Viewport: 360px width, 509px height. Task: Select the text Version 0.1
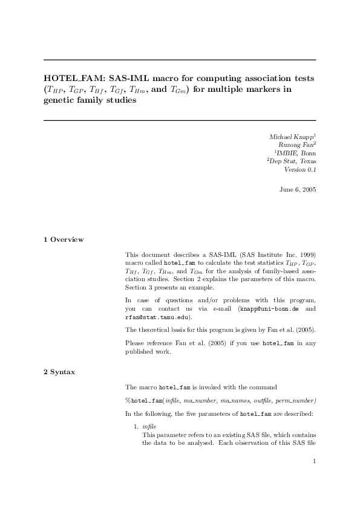(299, 170)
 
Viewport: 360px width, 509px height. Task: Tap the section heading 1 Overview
(64, 239)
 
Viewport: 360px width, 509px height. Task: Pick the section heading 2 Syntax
(59, 372)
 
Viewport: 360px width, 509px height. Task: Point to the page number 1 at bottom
(315, 462)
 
